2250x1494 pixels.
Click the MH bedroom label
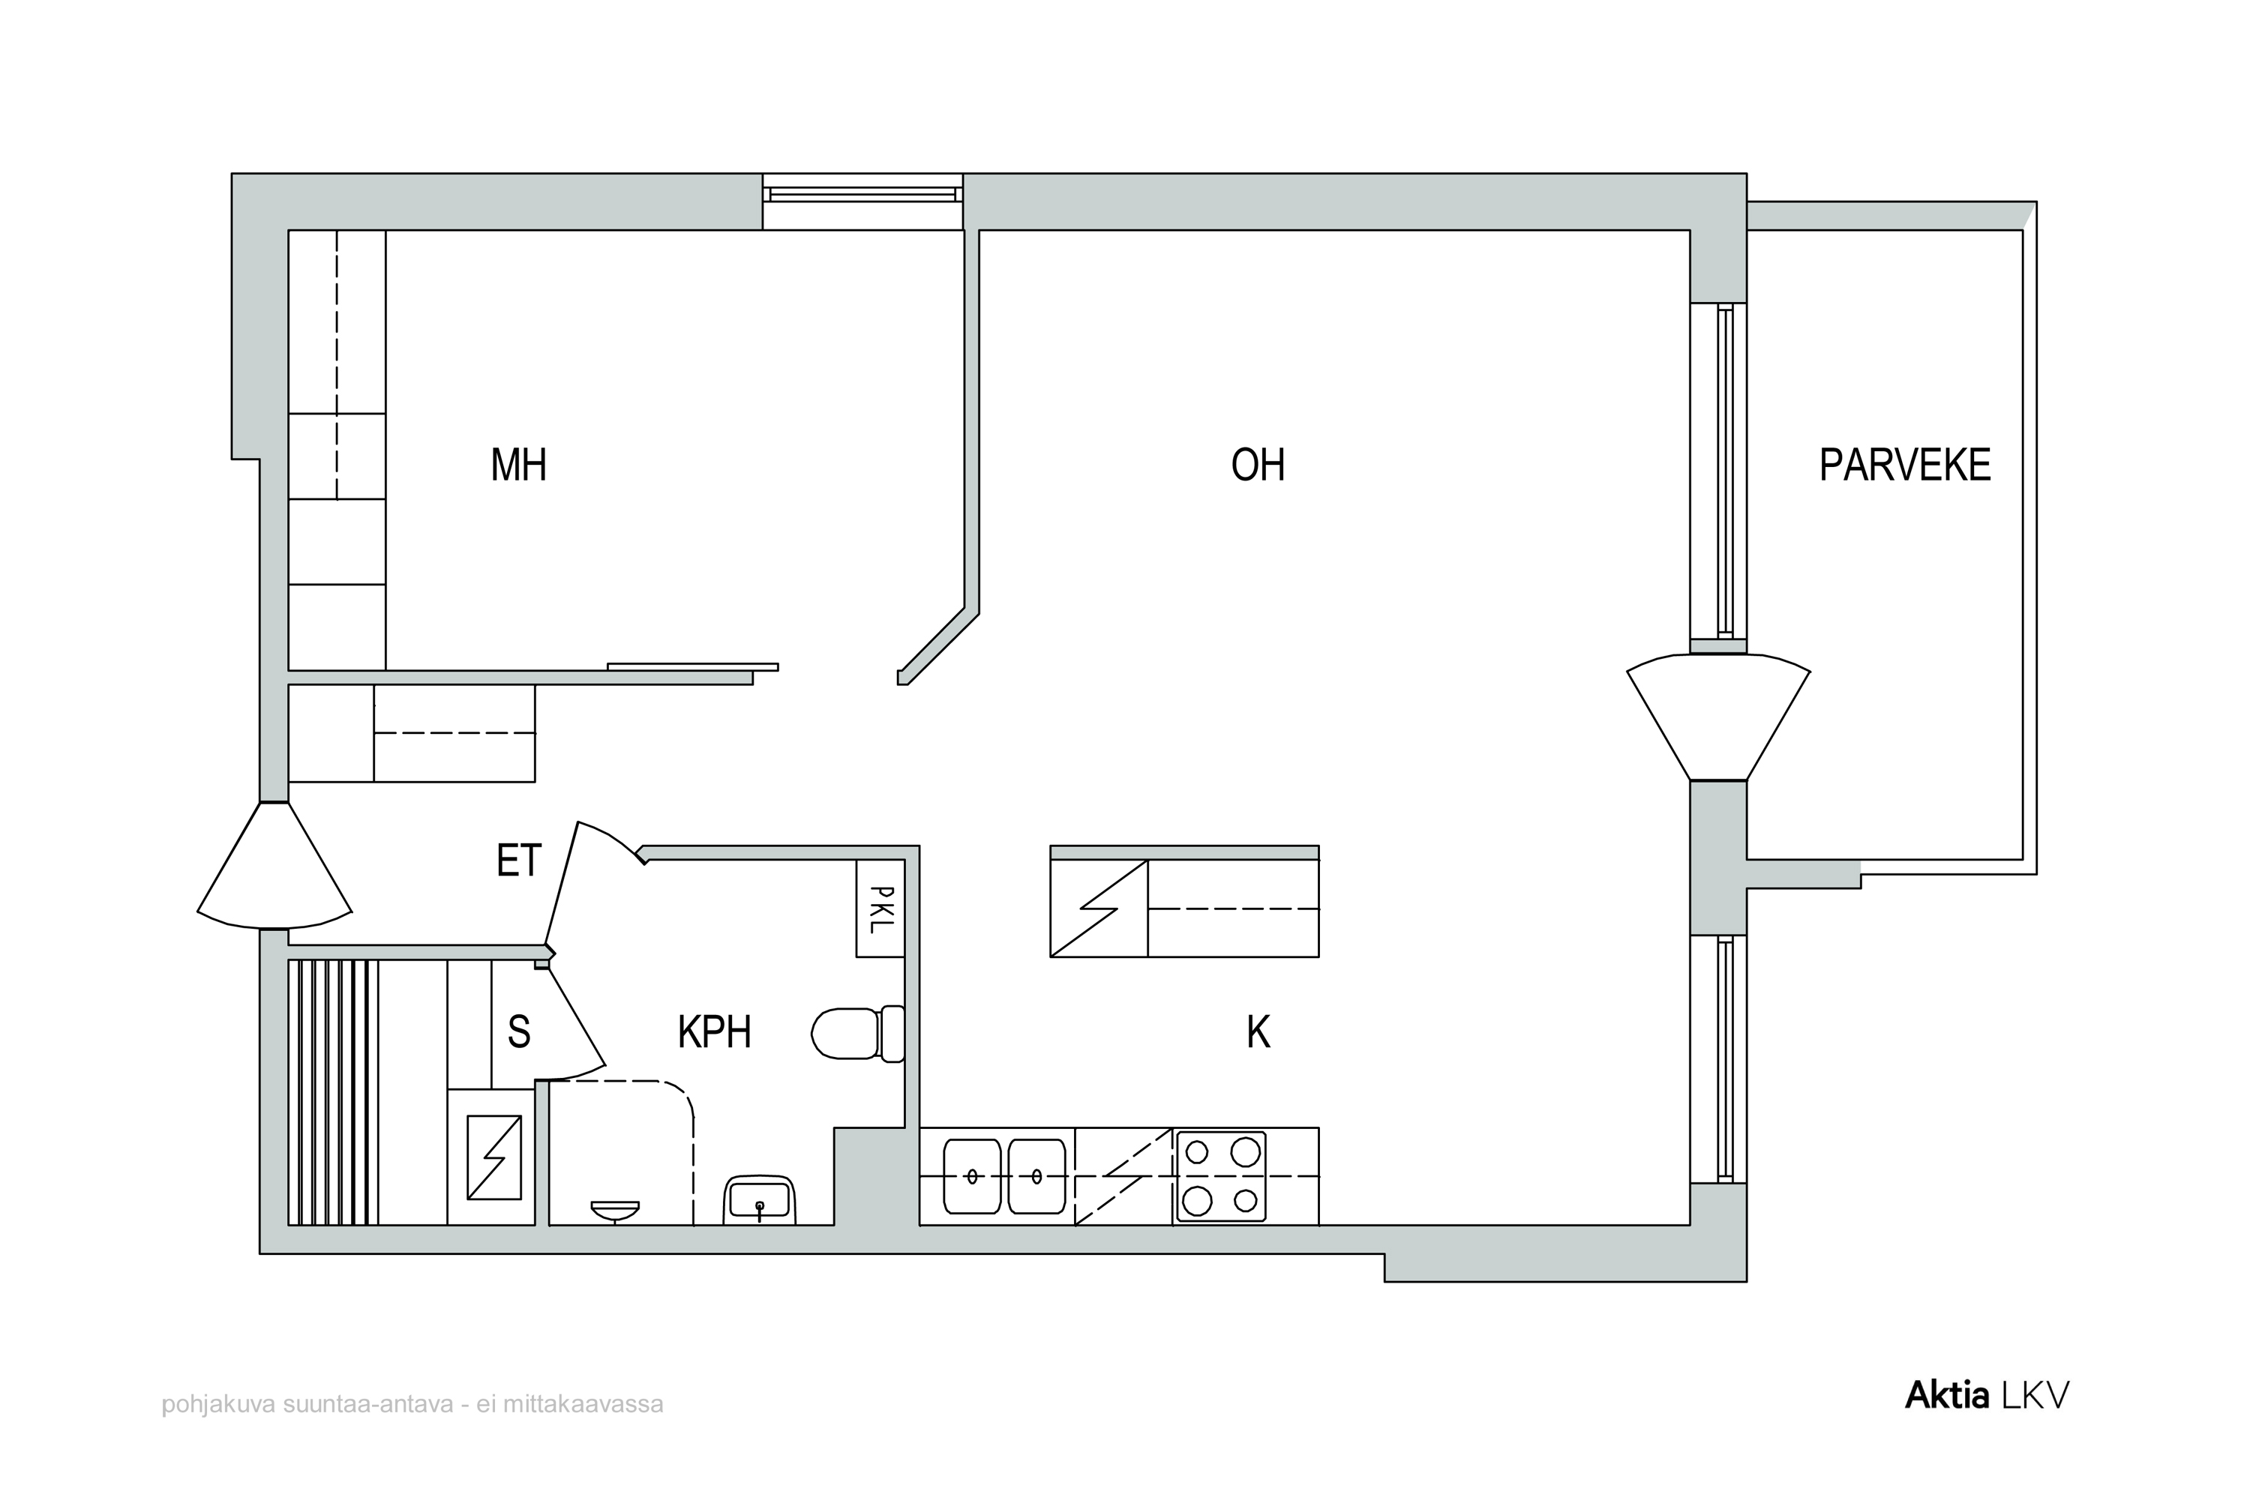point(518,465)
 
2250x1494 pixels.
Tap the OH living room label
point(1258,465)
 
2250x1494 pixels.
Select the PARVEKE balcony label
point(1905,465)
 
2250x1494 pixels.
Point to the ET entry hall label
point(518,861)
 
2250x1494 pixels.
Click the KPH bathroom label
point(715,1032)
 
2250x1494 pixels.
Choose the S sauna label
point(518,1032)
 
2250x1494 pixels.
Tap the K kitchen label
point(1258,1032)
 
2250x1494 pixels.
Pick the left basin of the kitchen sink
point(972,1177)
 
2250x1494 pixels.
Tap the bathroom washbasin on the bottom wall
point(760,1201)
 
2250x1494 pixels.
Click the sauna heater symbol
point(493,1157)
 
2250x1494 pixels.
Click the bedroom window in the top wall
point(862,194)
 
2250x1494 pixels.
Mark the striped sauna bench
point(334,1092)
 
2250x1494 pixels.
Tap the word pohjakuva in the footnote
point(219,1406)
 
